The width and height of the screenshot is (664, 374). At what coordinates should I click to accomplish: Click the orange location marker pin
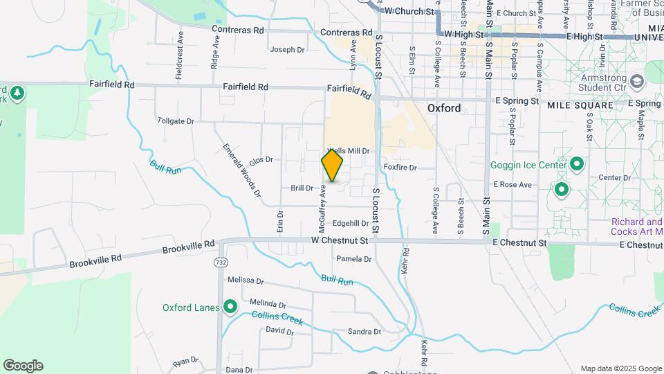tap(332, 166)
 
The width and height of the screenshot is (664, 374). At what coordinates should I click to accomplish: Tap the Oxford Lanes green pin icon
tap(230, 308)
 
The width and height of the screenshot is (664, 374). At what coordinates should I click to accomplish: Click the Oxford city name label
tap(444, 108)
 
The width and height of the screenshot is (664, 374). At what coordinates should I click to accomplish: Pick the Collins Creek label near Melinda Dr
tap(277, 319)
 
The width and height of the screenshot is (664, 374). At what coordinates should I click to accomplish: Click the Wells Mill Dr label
tap(349, 150)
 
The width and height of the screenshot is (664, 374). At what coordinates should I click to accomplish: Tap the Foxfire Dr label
tap(400, 168)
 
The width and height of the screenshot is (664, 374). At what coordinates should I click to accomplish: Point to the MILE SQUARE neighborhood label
tap(580, 105)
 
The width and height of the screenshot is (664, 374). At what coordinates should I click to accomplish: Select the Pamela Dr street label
tap(353, 259)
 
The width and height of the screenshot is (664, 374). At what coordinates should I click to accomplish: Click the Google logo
tap(23, 366)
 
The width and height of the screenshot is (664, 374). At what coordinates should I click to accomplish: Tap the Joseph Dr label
tap(287, 50)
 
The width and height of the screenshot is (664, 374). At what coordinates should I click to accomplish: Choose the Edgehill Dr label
tap(351, 223)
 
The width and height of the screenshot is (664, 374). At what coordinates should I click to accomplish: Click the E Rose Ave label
tap(513, 185)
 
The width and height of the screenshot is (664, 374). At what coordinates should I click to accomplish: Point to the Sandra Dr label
tap(365, 332)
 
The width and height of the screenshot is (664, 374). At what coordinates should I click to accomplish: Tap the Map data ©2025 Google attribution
tap(620, 368)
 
